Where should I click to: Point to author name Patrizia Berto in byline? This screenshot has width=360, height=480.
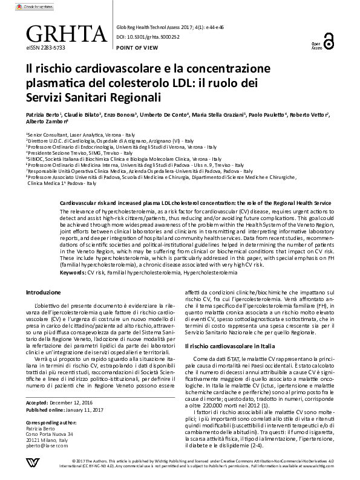(42, 114)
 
